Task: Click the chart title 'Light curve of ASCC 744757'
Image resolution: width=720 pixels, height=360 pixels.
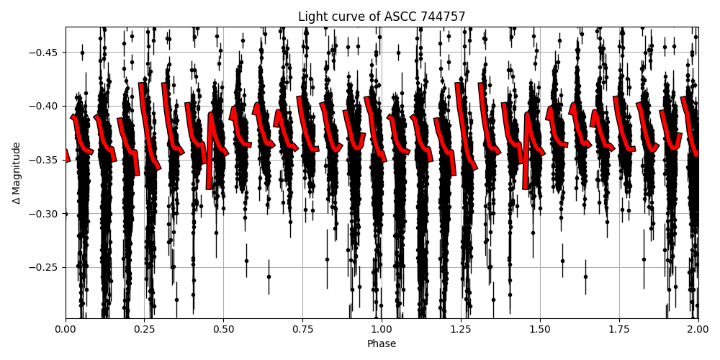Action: pyautogui.click(x=382, y=17)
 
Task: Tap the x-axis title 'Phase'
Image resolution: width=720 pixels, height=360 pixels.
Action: pyautogui.click(x=382, y=344)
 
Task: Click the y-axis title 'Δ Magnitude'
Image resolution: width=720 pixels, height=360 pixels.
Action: pyautogui.click(x=16, y=173)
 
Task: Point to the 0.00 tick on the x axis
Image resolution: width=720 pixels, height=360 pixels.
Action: pyautogui.click(x=66, y=330)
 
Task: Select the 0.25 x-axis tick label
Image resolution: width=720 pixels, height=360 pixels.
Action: pyautogui.click(x=145, y=330)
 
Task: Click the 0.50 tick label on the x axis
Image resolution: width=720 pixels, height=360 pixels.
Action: pyautogui.click(x=223, y=330)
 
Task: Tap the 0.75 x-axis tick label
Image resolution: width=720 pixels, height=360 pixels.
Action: pyautogui.click(x=302, y=330)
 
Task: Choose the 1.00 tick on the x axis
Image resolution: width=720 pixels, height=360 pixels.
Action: pyautogui.click(x=382, y=330)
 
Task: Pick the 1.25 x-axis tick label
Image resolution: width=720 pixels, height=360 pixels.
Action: pyautogui.click(x=461, y=330)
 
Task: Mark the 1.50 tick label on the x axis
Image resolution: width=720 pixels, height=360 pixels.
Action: pyautogui.click(x=540, y=330)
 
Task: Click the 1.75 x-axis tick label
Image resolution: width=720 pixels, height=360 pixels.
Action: pyautogui.click(x=619, y=330)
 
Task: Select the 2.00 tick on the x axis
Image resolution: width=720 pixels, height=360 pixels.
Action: pyautogui.click(x=698, y=330)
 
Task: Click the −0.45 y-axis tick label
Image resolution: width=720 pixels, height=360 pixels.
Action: pyautogui.click(x=44, y=52)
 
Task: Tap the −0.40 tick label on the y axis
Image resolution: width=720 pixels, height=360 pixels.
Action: pyautogui.click(x=44, y=106)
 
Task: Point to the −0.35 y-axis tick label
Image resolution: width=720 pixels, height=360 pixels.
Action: pyautogui.click(x=44, y=160)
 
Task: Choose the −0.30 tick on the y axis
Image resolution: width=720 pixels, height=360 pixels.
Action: pyautogui.click(x=44, y=214)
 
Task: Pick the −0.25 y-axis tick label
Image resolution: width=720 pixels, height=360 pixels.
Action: pyautogui.click(x=44, y=267)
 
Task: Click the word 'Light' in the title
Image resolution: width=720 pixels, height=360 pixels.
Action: pyautogui.click(x=311, y=17)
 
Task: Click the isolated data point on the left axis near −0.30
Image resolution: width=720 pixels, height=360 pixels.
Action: pyautogui.click(x=66, y=214)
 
